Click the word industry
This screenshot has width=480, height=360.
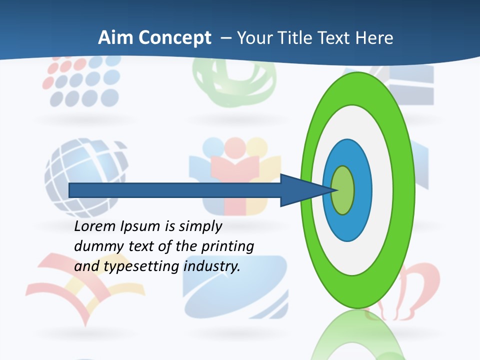(212, 266)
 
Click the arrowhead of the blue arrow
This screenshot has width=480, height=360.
(300, 190)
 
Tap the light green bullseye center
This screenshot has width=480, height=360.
(342, 190)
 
